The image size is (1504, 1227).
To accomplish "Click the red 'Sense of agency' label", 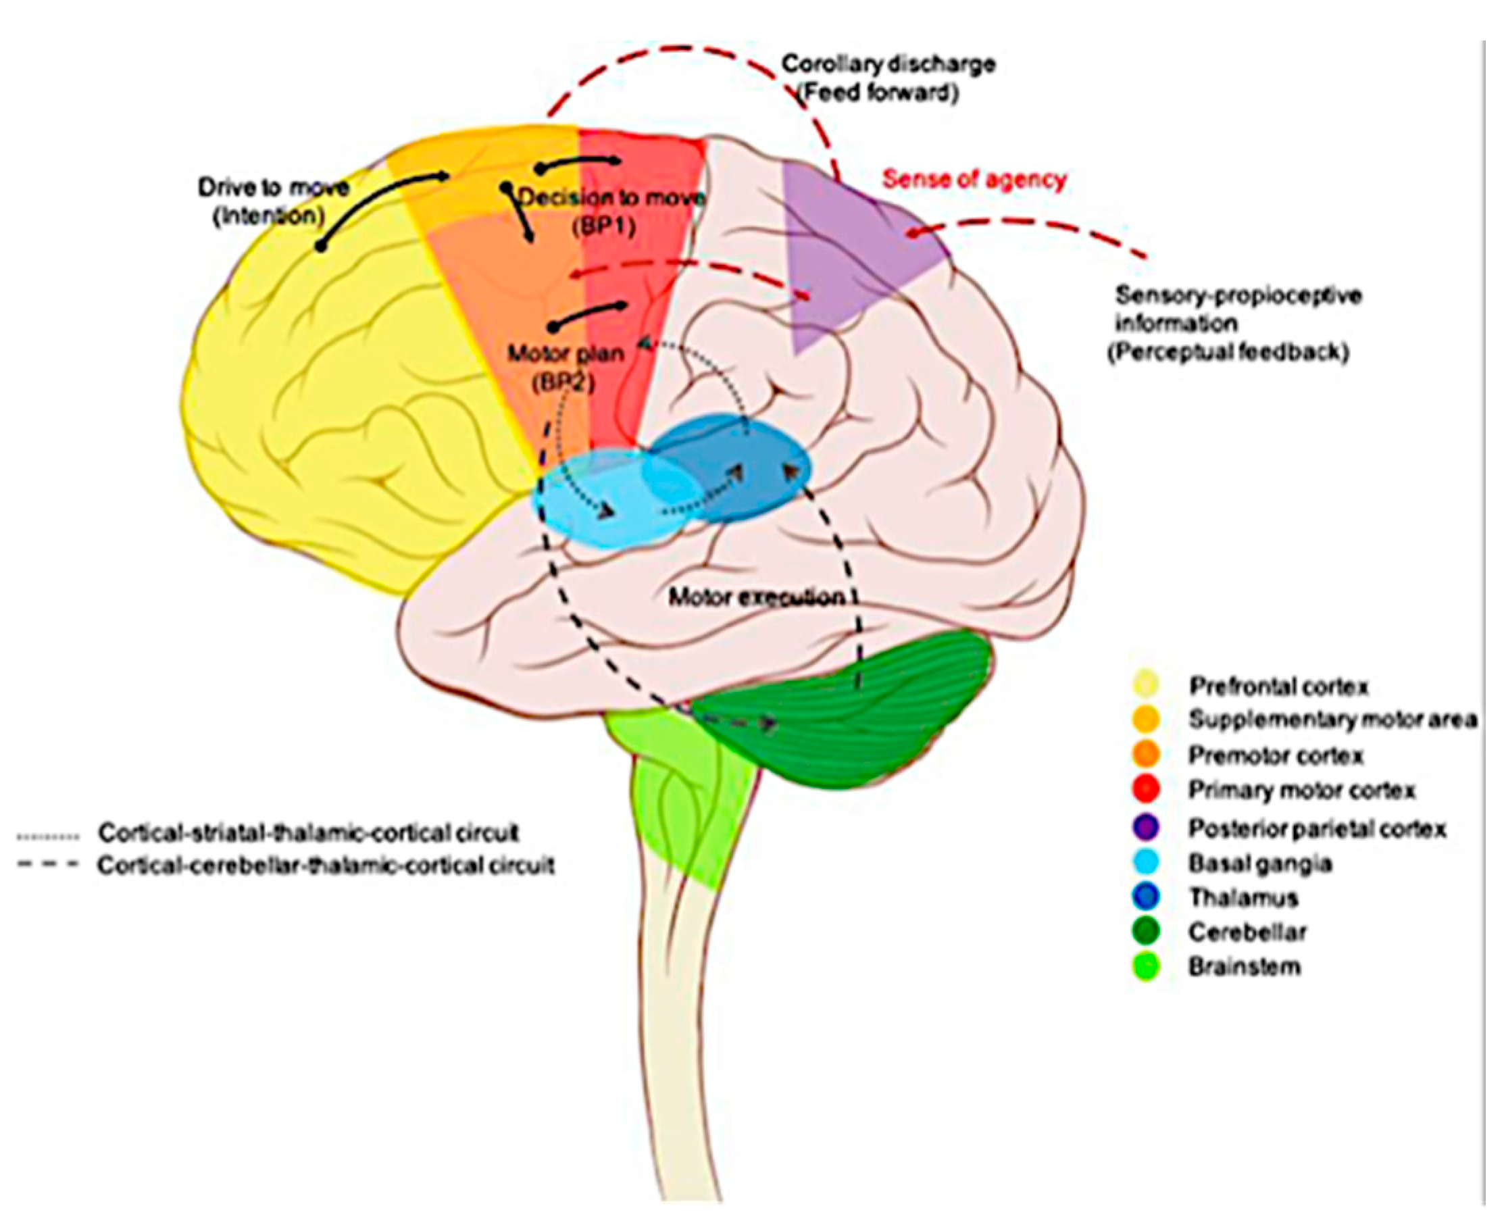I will (x=974, y=180).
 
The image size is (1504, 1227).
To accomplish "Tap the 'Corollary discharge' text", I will (x=888, y=64).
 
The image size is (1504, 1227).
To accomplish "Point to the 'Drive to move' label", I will (x=273, y=188).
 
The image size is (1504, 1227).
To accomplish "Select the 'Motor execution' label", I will (x=757, y=598).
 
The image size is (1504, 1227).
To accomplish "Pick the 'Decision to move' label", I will (x=612, y=197).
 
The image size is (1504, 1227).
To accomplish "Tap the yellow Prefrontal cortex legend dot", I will (x=1147, y=685).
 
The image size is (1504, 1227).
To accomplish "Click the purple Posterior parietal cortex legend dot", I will (x=1147, y=828).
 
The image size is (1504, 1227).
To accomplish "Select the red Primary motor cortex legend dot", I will (x=1147, y=789).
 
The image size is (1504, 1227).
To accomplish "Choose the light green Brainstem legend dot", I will (x=1147, y=966).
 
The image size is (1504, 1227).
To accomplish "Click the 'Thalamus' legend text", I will (x=1244, y=898).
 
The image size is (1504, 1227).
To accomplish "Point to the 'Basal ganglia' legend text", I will (x=1260, y=863).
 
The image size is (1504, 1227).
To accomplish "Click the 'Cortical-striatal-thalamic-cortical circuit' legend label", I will (x=309, y=832).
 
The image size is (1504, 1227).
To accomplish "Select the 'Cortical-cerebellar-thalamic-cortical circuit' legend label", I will (x=326, y=866).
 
